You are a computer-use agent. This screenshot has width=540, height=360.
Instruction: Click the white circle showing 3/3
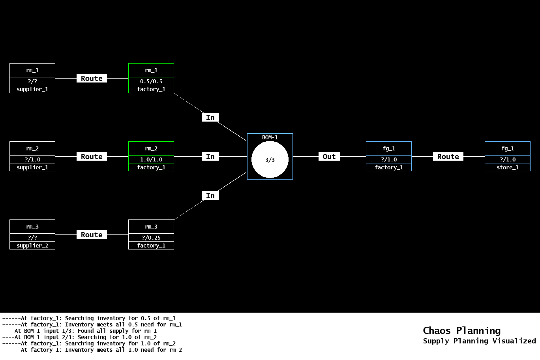[270, 160]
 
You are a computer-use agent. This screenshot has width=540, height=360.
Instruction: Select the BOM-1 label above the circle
[270, 137]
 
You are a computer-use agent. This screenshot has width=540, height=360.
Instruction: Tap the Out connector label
[329, 157]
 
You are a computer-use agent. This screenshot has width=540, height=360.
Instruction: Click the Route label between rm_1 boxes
[92, 79]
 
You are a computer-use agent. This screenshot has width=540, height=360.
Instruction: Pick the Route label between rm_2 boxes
[92, 157]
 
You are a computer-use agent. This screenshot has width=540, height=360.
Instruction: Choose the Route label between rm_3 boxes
[92, 235]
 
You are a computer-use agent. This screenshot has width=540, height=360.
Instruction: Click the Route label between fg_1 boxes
[448, 157]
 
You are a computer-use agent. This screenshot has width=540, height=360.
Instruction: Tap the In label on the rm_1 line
[210, 118]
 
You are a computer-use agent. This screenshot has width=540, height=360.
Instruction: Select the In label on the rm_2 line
[210, 157]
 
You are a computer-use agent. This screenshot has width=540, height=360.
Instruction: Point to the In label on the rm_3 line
[210, 196]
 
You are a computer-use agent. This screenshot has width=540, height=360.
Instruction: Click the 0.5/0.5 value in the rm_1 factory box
[151, 81]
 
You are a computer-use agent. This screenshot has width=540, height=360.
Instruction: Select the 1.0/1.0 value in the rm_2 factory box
[151, 159]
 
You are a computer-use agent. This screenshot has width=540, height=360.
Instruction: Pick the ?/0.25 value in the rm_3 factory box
[151, 238]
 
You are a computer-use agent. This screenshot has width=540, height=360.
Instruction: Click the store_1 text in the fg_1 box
[508, 167]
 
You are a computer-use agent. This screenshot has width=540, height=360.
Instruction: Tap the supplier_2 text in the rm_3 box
[32, 246]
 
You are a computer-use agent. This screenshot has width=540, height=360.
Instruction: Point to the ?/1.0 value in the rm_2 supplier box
[32, 159]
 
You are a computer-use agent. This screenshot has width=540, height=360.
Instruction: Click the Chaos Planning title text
[461, 330]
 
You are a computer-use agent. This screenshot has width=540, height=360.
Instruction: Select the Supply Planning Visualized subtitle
[479, 341]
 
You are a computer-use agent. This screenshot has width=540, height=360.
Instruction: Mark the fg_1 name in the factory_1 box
[389, 148]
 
